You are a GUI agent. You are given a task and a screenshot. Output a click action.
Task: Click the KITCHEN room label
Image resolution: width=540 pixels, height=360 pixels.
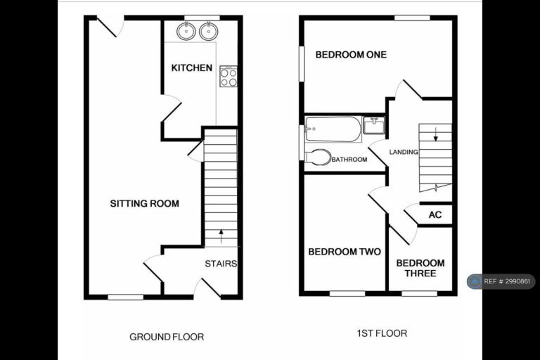tap(192, 68)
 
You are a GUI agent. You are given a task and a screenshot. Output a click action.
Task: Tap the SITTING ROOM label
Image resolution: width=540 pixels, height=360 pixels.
tap(145, 204)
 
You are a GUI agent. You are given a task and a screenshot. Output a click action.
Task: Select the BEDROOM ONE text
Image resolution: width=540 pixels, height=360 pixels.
tap(351, 55)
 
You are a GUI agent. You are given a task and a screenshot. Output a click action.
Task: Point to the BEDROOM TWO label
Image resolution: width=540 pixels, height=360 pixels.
tap(345, 252)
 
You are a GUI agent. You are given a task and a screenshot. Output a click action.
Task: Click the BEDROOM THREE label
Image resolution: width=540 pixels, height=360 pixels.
tap(420, 269)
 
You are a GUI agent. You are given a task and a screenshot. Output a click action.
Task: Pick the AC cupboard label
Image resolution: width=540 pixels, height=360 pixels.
tap(435, 215)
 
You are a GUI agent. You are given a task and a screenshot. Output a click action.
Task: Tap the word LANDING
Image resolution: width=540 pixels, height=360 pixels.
tap(404, 152)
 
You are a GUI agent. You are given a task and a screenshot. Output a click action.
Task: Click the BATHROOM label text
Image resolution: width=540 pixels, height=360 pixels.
tap(349, 160)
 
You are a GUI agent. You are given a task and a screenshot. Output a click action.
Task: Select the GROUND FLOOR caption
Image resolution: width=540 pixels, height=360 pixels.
tap(167, 337)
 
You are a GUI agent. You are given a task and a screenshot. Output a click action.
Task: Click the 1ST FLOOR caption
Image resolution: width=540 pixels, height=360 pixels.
tap(382, 333)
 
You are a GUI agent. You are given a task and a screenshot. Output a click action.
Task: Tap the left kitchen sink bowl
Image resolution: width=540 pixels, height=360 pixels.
tap(186, 32)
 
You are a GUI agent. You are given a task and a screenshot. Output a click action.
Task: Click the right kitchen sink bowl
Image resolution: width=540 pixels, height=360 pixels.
tap(208, 32)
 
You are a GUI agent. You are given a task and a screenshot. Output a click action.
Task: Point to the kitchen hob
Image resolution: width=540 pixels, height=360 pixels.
tap(229, 77)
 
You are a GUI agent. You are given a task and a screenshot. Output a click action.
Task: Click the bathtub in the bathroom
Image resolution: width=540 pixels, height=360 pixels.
tap(333, 129)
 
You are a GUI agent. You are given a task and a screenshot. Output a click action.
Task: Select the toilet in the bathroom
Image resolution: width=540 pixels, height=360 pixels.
tap(318, 157)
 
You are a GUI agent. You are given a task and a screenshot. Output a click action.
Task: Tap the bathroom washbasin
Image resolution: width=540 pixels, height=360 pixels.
tap(374, 125)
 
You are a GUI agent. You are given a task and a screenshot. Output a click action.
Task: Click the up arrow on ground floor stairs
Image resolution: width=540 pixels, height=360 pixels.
tap(221, 236)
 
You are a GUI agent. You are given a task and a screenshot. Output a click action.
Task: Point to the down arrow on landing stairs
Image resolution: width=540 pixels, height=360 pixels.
tap(436, 134)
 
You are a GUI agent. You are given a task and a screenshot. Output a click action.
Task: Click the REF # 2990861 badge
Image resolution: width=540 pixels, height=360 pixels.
tap(501, 281)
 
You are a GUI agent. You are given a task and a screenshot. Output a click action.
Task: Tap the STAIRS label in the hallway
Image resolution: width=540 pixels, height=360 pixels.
tap(221, 264)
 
